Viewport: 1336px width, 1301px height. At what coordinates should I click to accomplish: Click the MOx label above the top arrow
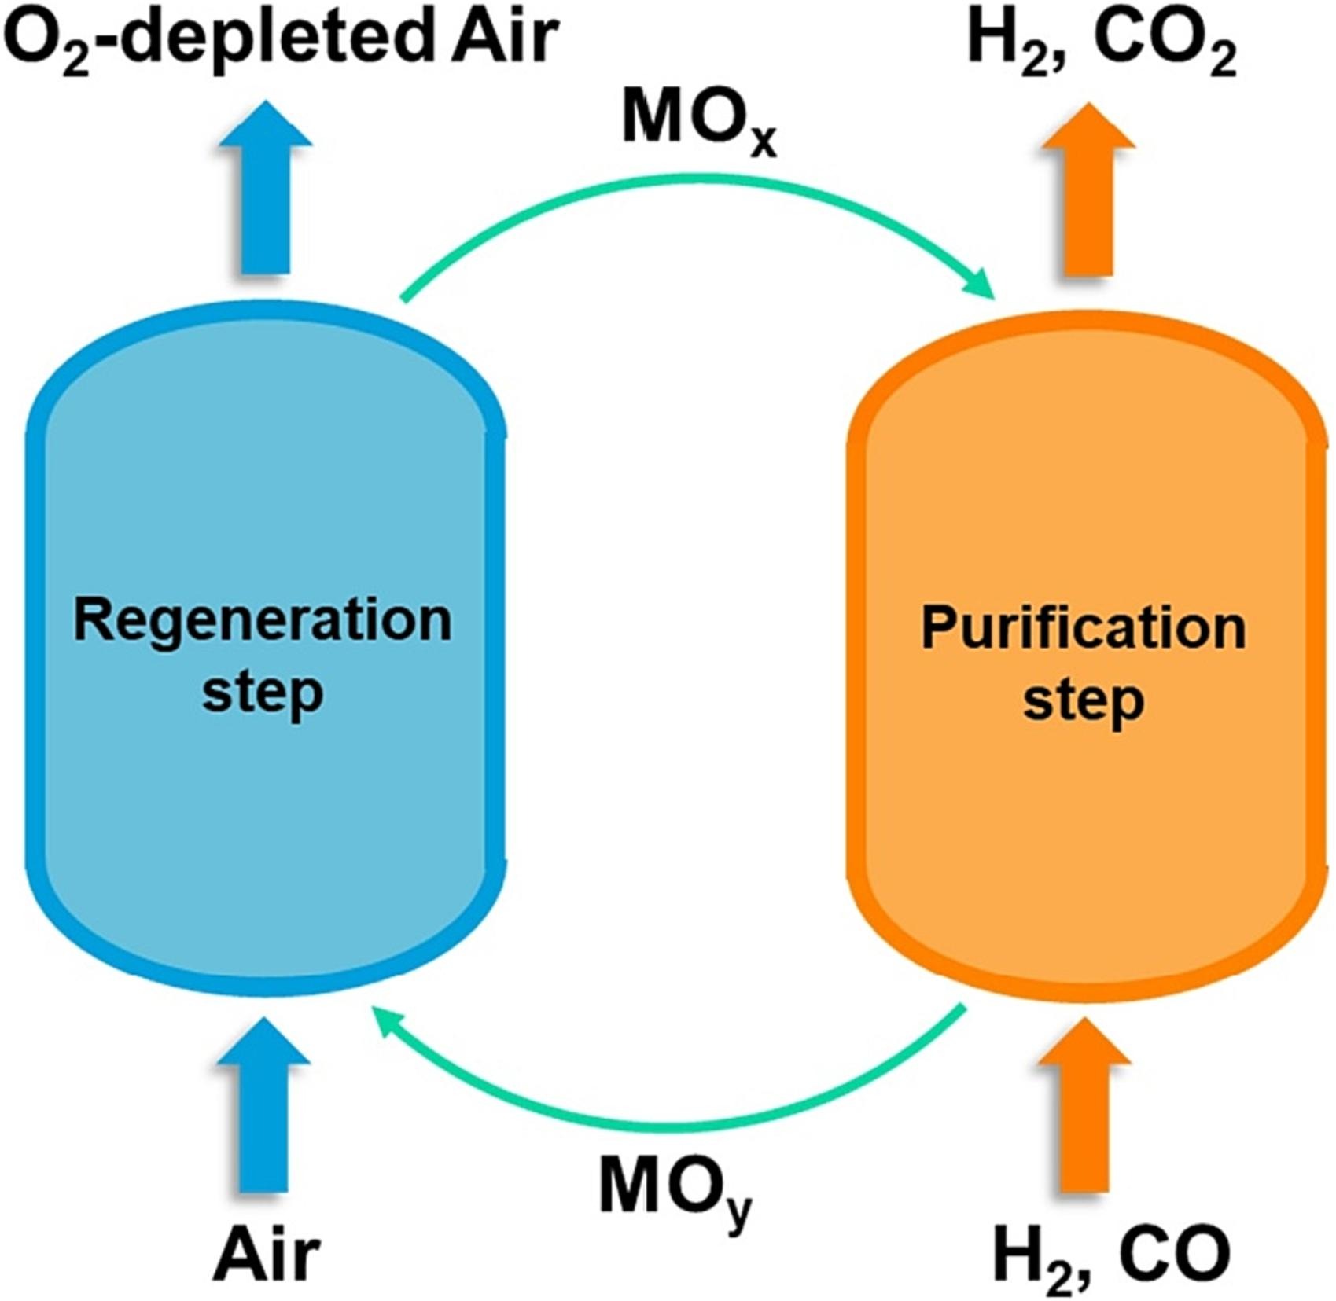[698, 121]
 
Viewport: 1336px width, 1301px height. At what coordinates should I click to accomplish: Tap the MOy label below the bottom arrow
[675, 1191]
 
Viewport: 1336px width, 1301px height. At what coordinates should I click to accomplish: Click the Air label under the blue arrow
[267, 1255]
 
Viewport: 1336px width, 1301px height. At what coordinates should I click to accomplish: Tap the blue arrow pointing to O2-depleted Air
[266, 189]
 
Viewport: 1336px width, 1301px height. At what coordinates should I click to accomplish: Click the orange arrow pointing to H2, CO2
[1089, 189]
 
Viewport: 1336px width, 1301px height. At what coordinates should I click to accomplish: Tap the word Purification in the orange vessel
[1084, 629]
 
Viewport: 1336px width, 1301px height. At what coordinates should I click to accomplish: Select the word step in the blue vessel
[263, 692]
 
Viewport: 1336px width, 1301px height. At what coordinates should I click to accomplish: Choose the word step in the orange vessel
[1084, 700]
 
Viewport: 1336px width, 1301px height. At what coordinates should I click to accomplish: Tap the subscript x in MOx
[762, 141]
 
